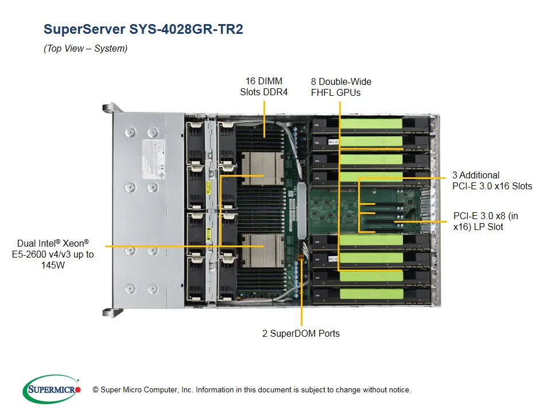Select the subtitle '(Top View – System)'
(x=86, y=49)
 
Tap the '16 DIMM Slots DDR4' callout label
(x=263, y=86)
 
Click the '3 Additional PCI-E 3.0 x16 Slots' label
(x=492, y=180)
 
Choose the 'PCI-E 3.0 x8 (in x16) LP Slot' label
(x=485, y=221)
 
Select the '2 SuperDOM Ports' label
(x=301, y=333)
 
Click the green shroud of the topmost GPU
(x=370, y=123)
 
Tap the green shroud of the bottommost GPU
(x=370, y=294)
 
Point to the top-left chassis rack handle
(x=108, y=108)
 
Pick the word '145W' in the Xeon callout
(x=53, y=265)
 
